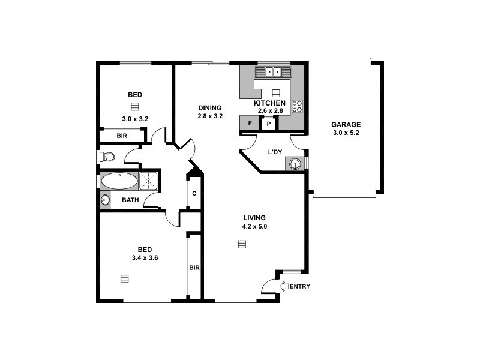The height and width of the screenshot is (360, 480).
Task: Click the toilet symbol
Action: pos(107,157)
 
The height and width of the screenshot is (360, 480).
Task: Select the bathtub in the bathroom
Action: pos(119,181)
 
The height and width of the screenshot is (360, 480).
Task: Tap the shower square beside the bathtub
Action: pos(148,181)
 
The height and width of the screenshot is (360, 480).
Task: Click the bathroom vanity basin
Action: pos(106,200)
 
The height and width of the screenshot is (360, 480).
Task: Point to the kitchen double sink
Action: pos(274,72)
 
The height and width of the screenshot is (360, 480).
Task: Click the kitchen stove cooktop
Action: pos(297,106)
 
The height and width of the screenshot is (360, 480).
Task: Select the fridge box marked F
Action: pos(249,124)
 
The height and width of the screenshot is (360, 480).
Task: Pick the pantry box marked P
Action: pos(269,124)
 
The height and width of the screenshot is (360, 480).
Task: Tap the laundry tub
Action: pos(295,163)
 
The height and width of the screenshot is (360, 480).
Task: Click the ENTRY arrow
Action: pos(284,286)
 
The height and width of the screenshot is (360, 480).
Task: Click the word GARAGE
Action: pos(346,125)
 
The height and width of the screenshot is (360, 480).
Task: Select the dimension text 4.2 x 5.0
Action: pos(254,226)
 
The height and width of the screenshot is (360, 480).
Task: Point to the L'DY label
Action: pos(274,152)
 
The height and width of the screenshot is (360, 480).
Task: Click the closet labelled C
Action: pos(194,193)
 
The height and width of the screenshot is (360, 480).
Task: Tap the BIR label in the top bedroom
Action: pos(122,136)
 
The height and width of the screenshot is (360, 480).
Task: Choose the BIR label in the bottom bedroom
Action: pos(194,268)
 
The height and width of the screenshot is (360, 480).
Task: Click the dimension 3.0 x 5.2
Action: pos(346,133)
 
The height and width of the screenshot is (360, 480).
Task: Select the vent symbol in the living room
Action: pos(242,244)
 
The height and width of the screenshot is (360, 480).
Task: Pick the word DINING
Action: pos(210,108)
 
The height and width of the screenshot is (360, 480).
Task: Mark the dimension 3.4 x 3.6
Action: pos(145,257)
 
